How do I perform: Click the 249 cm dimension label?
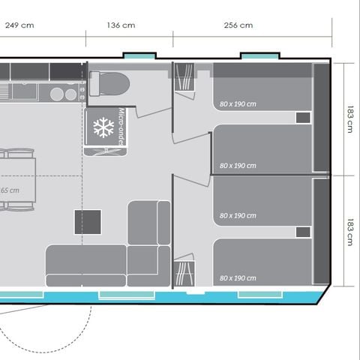(x=19, y=25)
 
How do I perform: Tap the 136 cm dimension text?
(x=121, y=25)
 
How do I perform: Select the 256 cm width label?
(x=238, y=25)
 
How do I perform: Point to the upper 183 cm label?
(x=349, y=118)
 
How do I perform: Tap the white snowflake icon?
(x=103, y=127)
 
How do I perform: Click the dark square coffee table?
(x=87, y=222)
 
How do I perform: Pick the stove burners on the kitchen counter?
(x=64, y=94)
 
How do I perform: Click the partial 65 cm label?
(x=9, y=190)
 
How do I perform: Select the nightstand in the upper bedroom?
(x=303, y=118)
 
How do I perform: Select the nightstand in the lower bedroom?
(x=303, y=232)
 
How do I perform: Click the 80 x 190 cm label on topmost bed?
(x=238, y=103)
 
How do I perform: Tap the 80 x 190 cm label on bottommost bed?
(x=238, y=278)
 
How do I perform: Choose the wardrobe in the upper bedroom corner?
(x=184, y=78)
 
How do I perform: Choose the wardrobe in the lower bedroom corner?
(x=184, y=271)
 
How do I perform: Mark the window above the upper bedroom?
(x=259, y=56)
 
